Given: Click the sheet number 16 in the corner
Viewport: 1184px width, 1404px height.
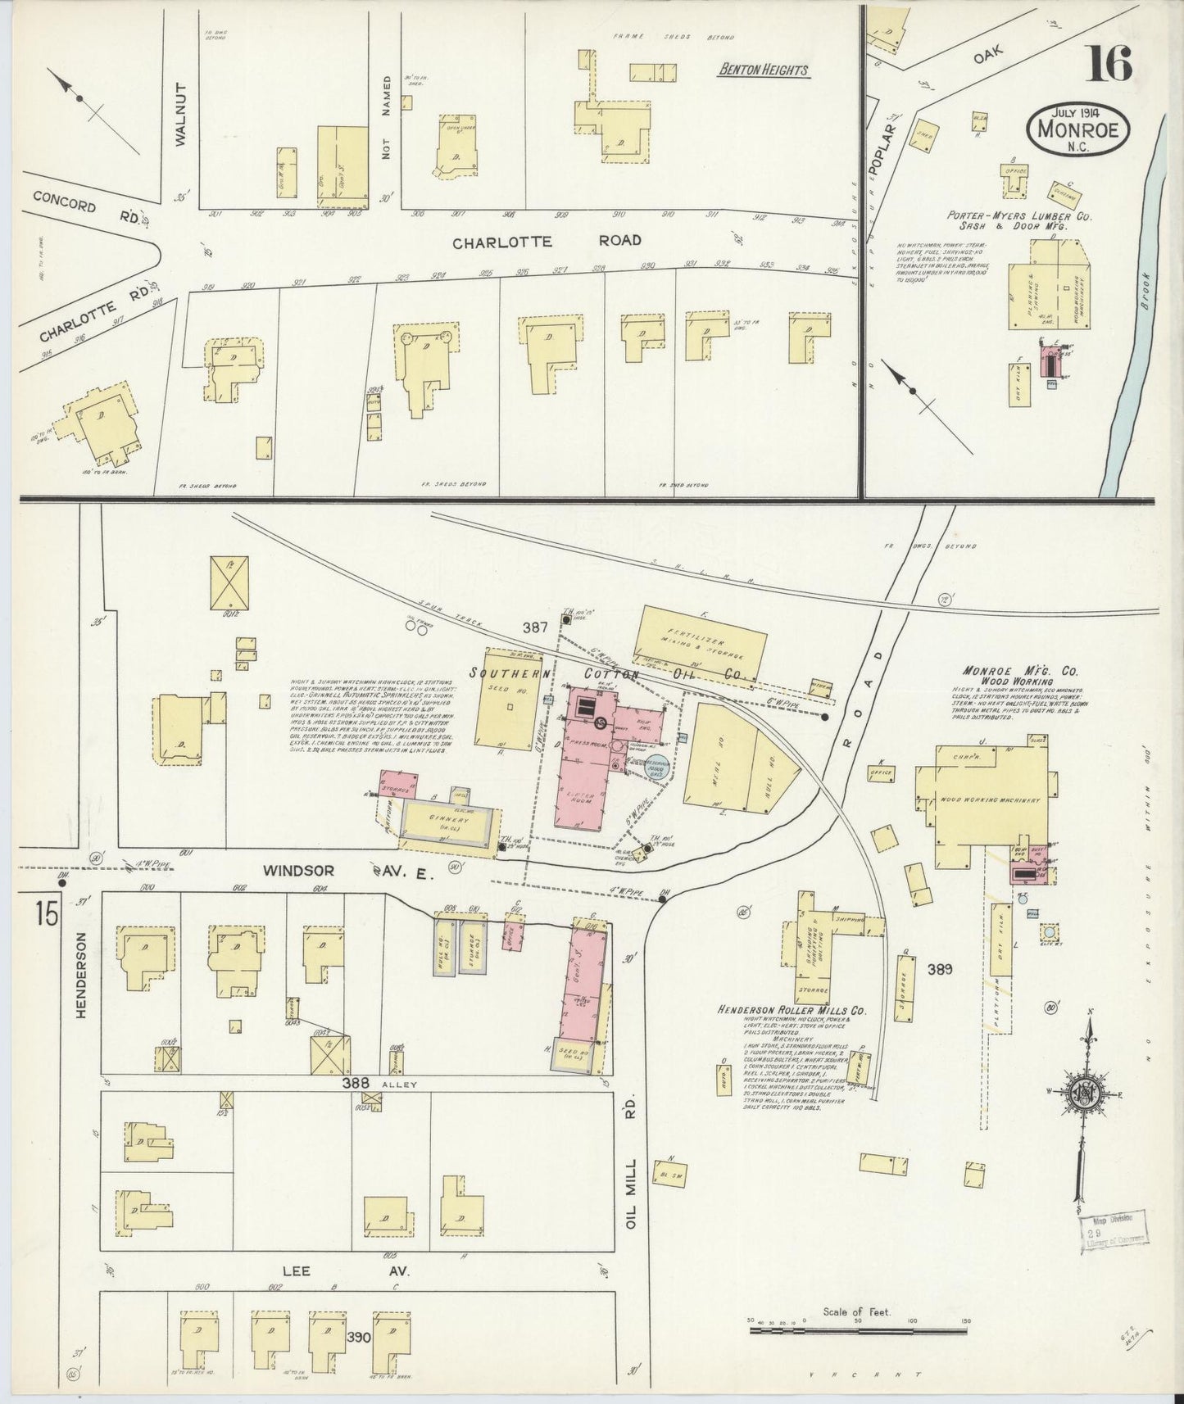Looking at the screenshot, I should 1109,63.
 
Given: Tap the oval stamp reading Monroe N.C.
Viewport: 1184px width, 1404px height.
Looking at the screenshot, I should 1077,129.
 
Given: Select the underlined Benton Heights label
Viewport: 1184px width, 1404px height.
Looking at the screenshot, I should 763,70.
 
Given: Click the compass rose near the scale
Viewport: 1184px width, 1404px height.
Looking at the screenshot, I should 1087,1094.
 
